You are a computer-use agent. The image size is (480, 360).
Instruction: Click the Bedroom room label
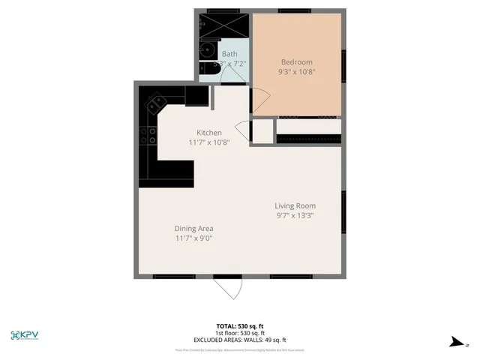pyautogui.click(x=296, y=61)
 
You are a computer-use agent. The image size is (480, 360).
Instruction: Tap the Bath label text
pyautogui.click(x=229, y=54)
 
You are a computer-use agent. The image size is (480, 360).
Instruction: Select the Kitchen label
pyautogui.click(x=209, y=133)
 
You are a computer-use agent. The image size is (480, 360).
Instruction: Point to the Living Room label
pyautogui.click(x=295, y=205)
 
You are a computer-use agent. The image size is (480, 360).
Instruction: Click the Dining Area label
pyautogui.click(x=194, y=229)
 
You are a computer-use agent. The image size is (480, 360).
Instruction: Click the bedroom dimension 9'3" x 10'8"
pyautogui.click(x=296, y=72)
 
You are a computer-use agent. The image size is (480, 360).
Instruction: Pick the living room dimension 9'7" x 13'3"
pyautogui.click(x=295, y=216)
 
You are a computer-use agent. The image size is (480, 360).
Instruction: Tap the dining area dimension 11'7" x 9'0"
pyautogui.click(x=194, y=238)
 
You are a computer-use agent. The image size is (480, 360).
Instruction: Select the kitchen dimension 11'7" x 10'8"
pyautogui.click(x=209, y=142)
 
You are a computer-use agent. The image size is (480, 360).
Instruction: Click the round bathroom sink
pyautogui.click(x=208, y=52)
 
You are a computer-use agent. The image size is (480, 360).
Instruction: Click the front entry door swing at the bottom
pyautogui.click(x=227, y=288)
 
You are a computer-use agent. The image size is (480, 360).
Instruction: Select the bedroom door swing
pyautogui.click(x=259, y=98)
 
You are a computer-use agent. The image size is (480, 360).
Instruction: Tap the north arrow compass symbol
pyautogui.click(x=454, y=342)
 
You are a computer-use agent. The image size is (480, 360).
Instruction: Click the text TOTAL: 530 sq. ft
pyautogui.click(x=240, y=326)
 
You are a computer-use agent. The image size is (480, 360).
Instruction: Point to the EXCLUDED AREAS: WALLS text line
pyautogui.click(x=240, y=340)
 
